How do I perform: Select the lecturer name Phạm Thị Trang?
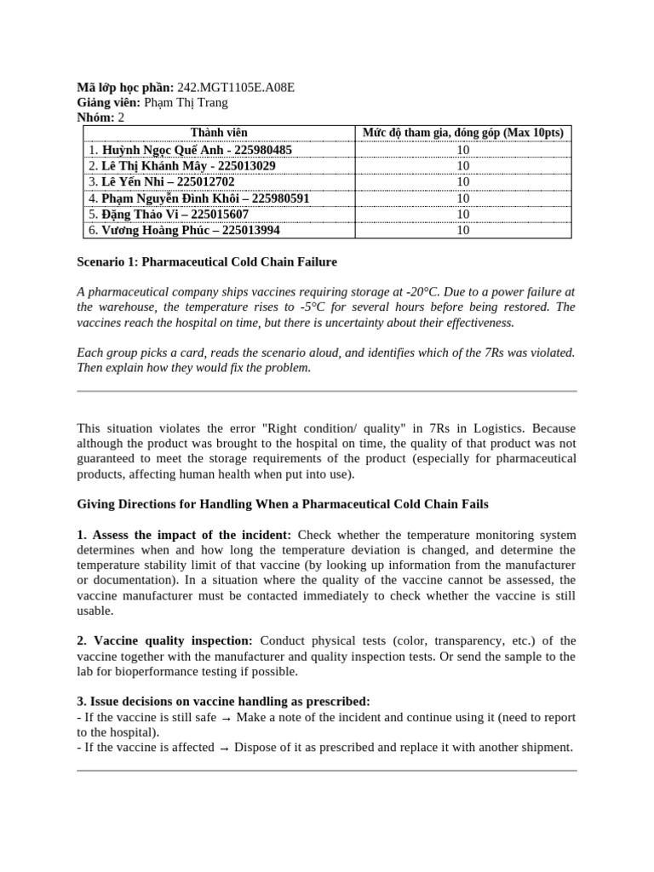[186, 103]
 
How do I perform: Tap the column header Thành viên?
[219, 133]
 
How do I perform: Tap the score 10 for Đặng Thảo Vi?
[462, 215]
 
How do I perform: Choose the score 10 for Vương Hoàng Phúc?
[462, 231]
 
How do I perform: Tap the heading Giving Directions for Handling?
[283, 504]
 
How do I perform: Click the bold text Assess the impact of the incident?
[192, 535]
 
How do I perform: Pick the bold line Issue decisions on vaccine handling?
[223, 701]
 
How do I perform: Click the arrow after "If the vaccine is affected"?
[224, 748]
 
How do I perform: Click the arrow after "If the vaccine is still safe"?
[226, 717]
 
